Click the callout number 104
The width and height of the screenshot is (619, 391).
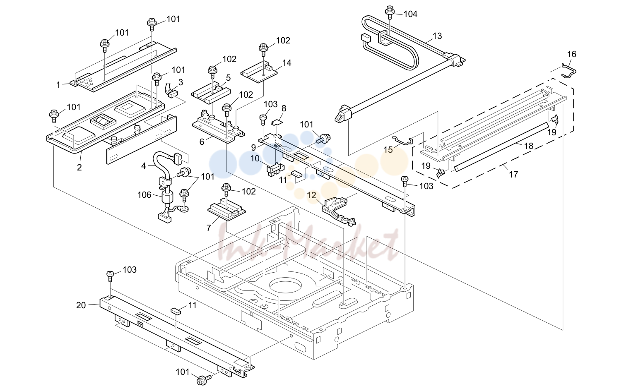(x=410, y=14)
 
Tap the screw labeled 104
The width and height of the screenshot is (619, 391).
(x=390, y=12)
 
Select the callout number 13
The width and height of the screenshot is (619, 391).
(x=438, y=36)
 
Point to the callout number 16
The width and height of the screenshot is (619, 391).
(x=572, y=54)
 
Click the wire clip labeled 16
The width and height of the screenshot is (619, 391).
(x=569, y=71)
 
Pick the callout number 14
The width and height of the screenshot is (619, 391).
(x=287, y=63)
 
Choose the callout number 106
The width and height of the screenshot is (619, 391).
(x=144, y=195)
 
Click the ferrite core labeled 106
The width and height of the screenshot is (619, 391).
(x=167, y=198)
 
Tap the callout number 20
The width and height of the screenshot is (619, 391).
(x=81, y=305)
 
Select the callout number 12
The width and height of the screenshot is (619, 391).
(x=311, y=195)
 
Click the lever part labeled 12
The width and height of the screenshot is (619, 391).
(x=339, y=211)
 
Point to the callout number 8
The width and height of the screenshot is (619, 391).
(x=284, y=108)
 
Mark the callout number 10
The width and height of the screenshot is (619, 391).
(x=255, y=158)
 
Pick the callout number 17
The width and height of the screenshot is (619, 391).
(x=513, y=175)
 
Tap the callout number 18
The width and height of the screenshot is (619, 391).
(x=529, y=146)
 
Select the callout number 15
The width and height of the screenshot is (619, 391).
(x=388, y=150)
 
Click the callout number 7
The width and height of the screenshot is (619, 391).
(x=209, y=228)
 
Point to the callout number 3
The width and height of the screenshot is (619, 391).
(x=181, y=82)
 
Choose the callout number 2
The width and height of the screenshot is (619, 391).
(x=79, y=167)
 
